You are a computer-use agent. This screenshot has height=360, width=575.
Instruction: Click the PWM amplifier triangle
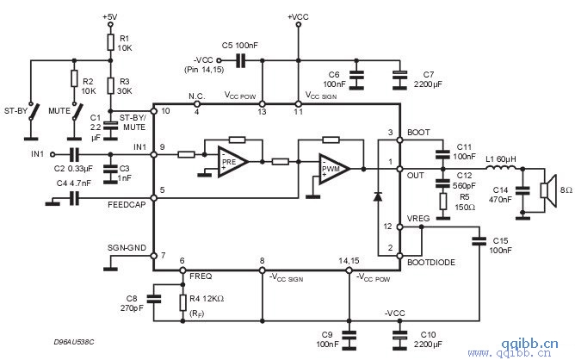[x=332, y=167]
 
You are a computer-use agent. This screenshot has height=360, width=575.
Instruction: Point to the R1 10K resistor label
[x=125, y=43]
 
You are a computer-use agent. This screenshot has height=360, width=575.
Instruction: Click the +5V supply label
[x=110, y=16]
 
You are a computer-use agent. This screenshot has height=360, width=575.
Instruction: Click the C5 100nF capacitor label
[x=239, y=44]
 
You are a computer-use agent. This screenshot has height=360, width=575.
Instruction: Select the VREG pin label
[x=419, y=219]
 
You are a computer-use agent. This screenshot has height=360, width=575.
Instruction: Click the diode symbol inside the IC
[x=377, y=196]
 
